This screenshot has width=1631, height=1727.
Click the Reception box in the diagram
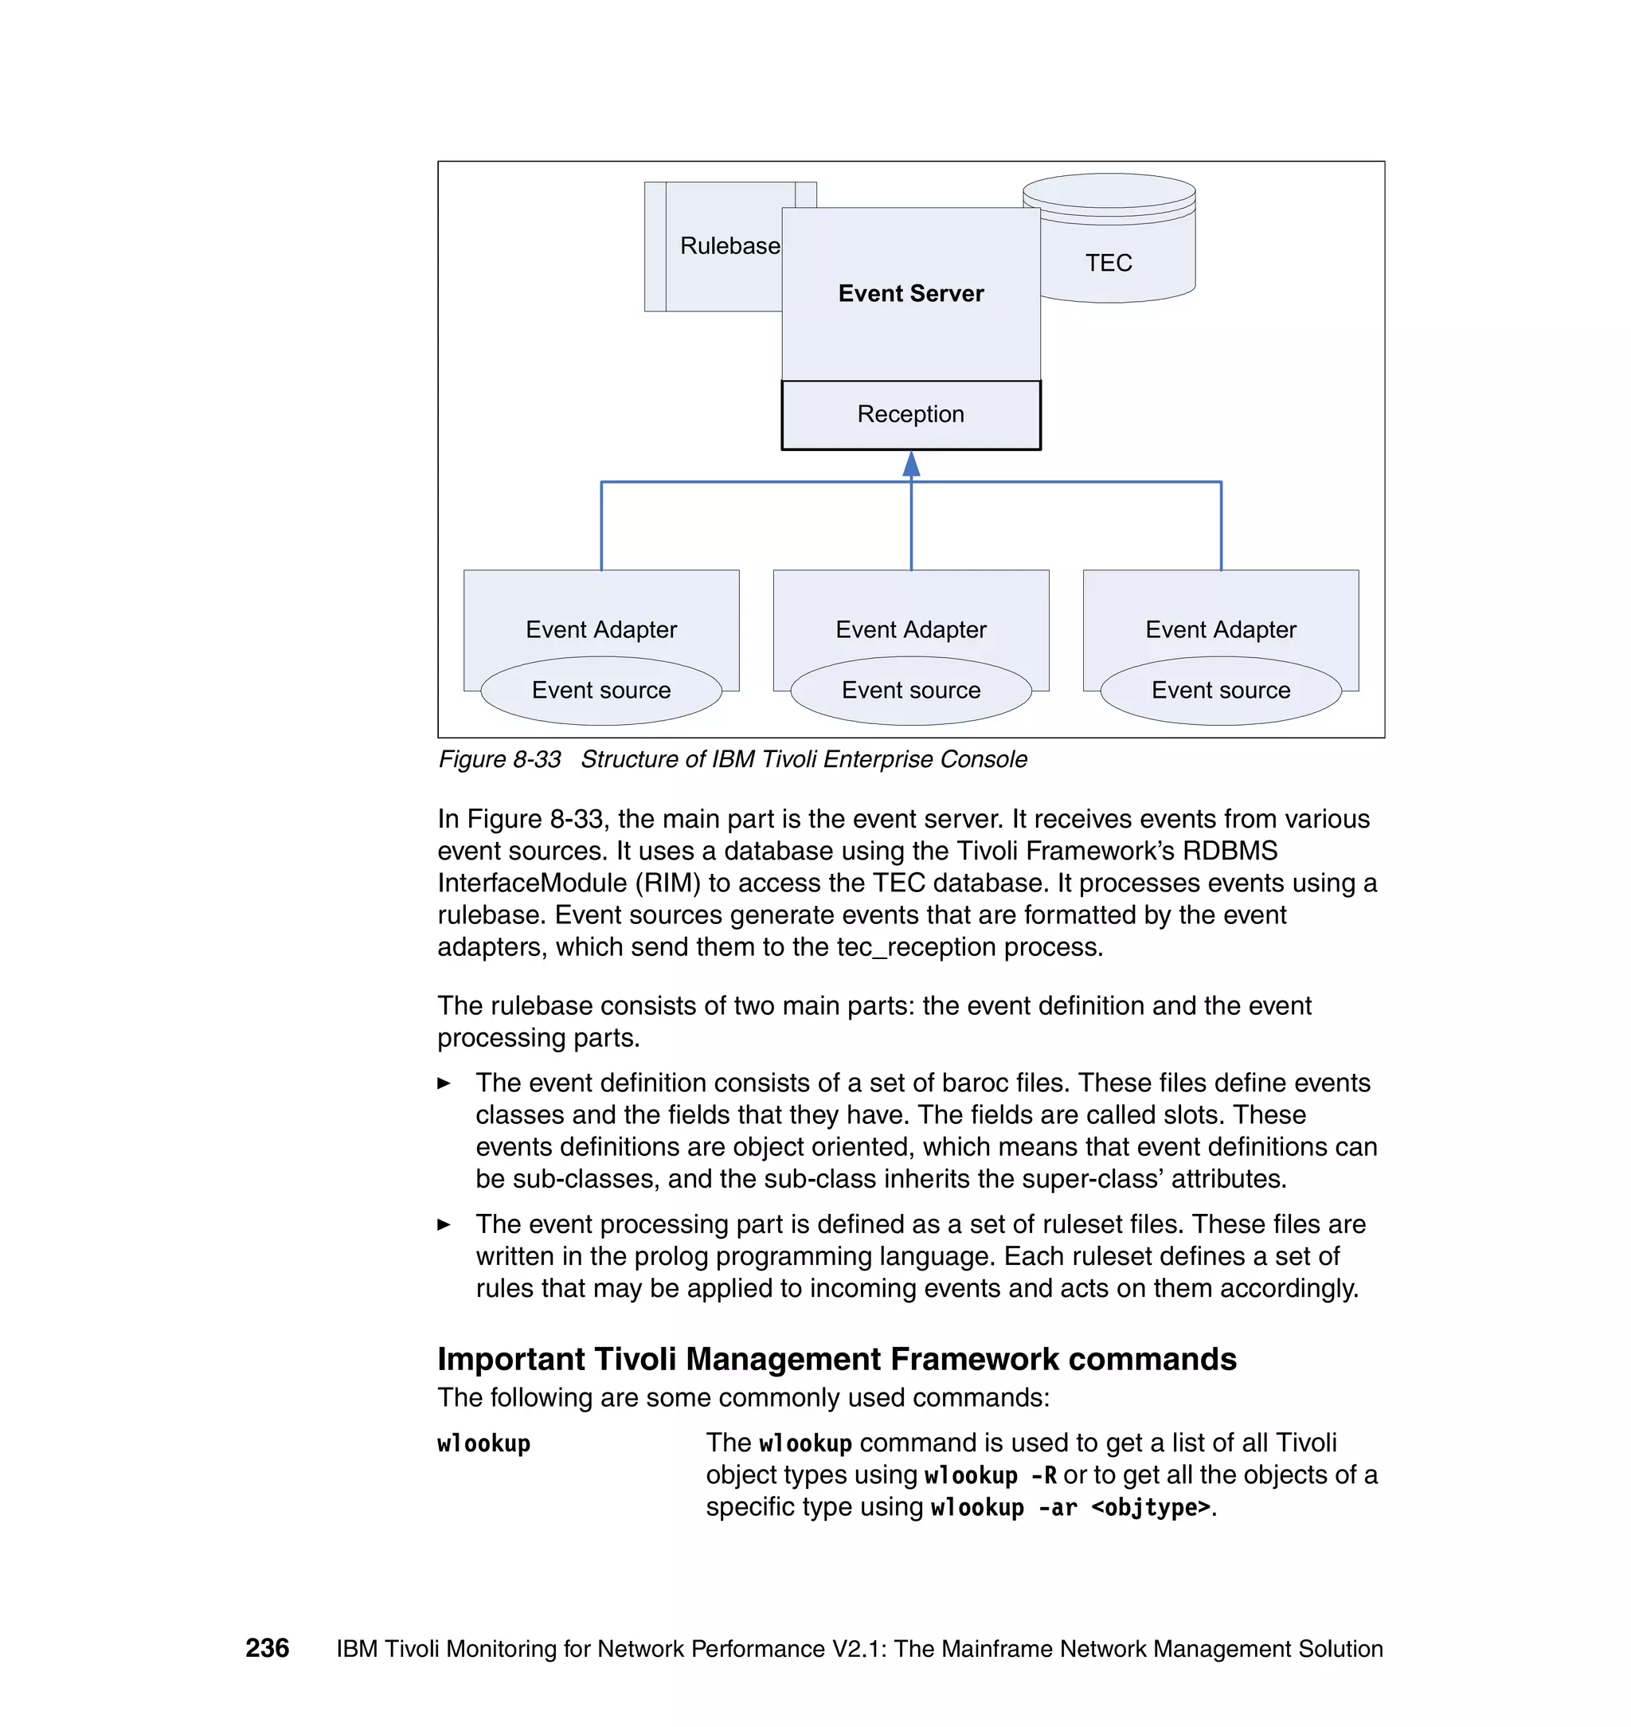pyautogui.click(x=910, y=415)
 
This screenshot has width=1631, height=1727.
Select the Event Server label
pyautogui.click(x=910, y=294)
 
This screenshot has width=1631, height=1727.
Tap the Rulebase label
pyautogui.click(x=729, y=246)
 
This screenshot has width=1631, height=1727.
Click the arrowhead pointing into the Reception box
pyautogui.click(x=911, y=464)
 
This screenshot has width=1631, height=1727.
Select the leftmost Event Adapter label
pyautogui.click(x=600, y=629)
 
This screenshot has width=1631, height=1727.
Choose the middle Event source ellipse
pyautogui.click(x=910, y=691)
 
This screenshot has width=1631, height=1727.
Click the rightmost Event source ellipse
pyautogui.click(x=1221, y=691)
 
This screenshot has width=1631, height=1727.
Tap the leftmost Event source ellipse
pyautogui.click(x=600, y=691)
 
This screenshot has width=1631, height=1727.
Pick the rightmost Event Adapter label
pyautogui.click(x=1221, y=629)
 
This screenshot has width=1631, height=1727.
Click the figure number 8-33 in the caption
pyautogui.click(x=537, y=760)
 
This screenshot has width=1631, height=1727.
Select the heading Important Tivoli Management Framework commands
pyautogui.click(x=836, y=1359)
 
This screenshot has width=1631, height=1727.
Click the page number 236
pyautogui.click(x=267, y=1648)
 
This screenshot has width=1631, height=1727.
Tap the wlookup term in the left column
pyautogui.click(x=483, y=1444)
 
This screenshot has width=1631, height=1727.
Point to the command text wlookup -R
pyautogui.click(x=990, y=1477)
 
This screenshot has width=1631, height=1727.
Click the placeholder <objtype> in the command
pyautogui.click(x=1150, y=1508)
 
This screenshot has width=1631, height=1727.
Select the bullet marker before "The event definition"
pyautogui.click(x=444, y=1083)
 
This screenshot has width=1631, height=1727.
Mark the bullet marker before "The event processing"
pyautogui.click(x=444, y=1225)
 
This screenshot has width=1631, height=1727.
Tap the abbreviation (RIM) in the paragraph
pyautogui.click(x=667, y=883)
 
